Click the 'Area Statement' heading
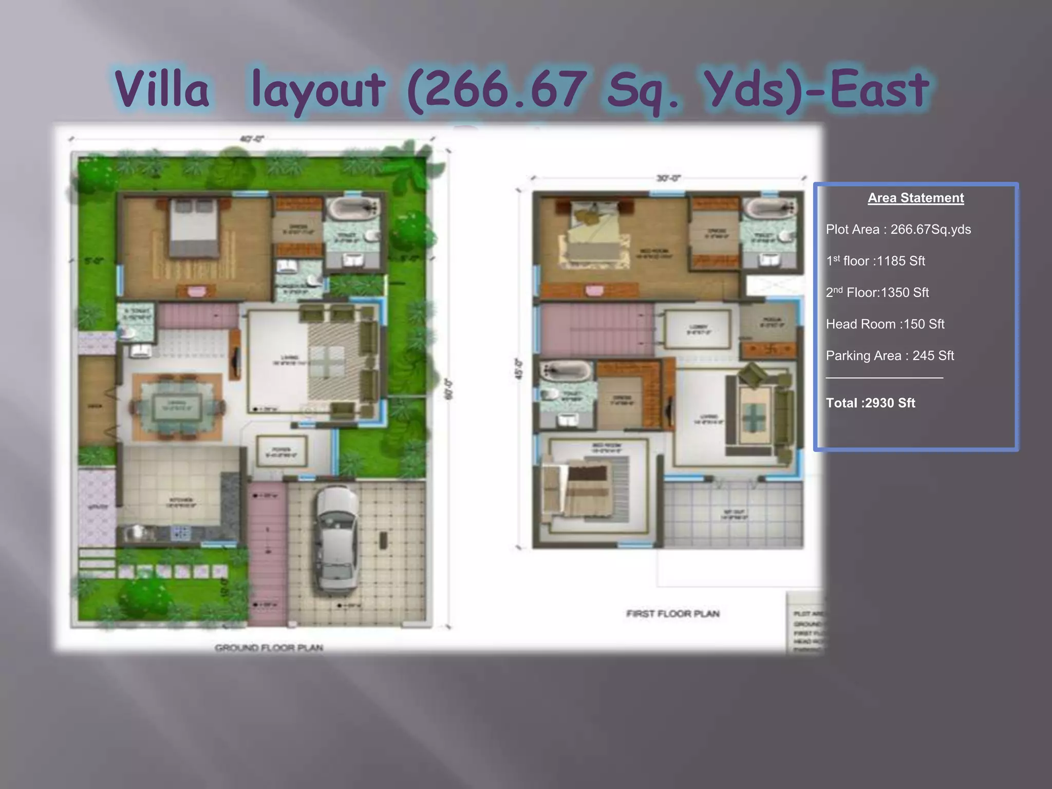[915, 198]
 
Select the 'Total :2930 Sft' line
[870, 403]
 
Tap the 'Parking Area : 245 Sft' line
[890, 355]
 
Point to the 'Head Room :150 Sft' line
[885, 324]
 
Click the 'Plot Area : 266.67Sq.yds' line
[898, 229]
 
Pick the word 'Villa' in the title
[162, 89]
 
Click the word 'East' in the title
[879, 89]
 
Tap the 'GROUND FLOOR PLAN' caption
[269, 648]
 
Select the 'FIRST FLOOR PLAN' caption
[673, 613]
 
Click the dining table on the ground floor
[177, 406]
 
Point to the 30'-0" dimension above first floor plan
[668, 178]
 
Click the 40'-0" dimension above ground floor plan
[252, 139]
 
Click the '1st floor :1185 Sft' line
[875, 261]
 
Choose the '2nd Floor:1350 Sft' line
[877, 293]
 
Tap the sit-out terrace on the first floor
[734, 514]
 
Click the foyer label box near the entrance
[281, 451]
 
